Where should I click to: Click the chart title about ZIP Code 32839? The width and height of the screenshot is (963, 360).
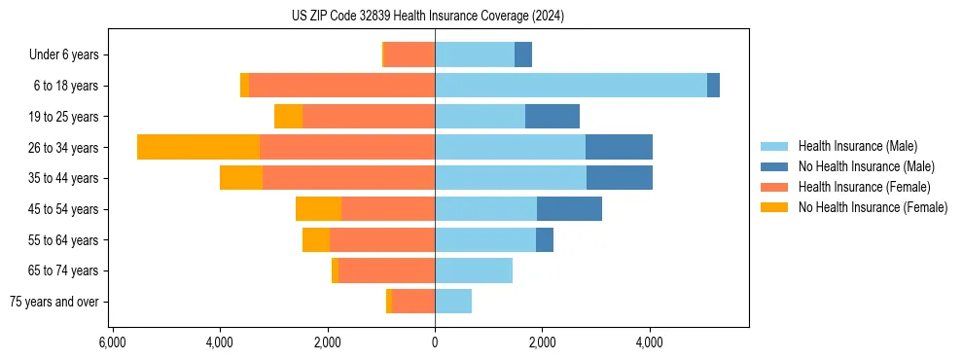click(427, 17)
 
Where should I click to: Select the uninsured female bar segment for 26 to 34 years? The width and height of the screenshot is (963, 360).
click(198, 147)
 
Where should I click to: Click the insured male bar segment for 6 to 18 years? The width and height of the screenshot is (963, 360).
click(570, 86)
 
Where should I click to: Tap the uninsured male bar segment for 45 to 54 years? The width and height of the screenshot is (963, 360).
click(569, 209)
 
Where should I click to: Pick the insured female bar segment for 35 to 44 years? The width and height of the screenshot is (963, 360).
click(348, 178)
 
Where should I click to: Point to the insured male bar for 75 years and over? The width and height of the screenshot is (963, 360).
click(453, 302)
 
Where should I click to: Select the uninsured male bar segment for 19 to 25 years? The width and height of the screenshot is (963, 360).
click(553, 117)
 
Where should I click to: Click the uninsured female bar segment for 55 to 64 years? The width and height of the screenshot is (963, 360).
click(316, 240)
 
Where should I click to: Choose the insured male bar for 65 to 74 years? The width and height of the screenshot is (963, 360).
click(474, 270)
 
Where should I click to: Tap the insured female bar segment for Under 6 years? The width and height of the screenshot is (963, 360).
click(410, 54)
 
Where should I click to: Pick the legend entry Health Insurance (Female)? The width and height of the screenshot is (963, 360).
click(864, 187)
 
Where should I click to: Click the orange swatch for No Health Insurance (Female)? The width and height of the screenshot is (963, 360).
click(774, 207)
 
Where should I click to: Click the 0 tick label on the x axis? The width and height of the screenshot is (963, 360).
click(435, 342)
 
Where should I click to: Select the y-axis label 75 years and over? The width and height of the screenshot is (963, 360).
click(54, 302)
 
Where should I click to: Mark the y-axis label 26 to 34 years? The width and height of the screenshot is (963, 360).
click(64, 148)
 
